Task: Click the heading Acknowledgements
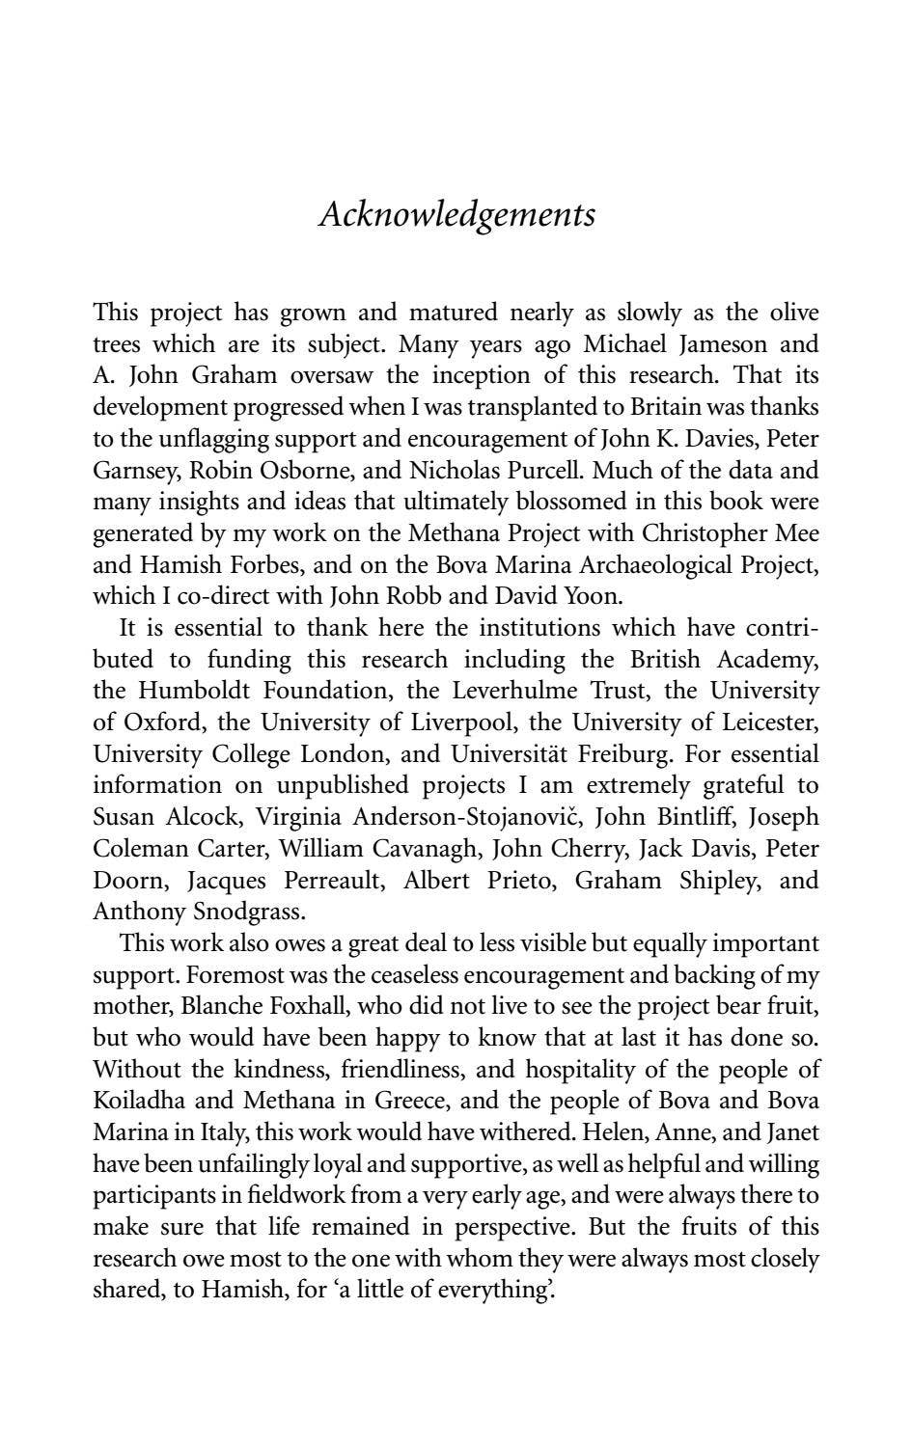coord(456,213)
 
